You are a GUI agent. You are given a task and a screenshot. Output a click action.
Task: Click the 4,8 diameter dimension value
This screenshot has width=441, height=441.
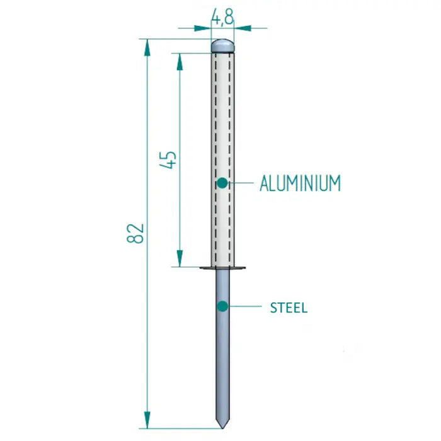click(x=222, y=16)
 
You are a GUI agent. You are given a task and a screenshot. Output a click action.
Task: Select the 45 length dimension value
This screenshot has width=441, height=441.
click(x=169, y=160)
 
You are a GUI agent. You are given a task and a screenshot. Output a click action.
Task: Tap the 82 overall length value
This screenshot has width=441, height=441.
click(x=137, y=233)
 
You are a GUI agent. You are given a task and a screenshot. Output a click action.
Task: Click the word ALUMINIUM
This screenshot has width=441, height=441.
click(x=300, y=183)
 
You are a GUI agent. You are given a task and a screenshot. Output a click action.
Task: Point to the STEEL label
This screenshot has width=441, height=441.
click(x=289, y=308)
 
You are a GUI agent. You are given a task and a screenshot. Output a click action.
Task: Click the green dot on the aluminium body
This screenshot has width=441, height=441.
click(x=222, y=183)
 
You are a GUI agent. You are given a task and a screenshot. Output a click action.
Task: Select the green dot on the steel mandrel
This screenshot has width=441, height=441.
click(x=222, y=306)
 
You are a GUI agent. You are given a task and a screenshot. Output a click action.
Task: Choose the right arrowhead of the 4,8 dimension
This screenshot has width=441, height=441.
click(x=241, y=28)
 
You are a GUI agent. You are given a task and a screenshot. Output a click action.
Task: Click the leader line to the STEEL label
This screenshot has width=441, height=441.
click(x=246, y=307)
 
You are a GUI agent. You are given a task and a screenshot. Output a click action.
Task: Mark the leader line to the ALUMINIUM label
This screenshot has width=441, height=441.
click(x=243, y=183)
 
